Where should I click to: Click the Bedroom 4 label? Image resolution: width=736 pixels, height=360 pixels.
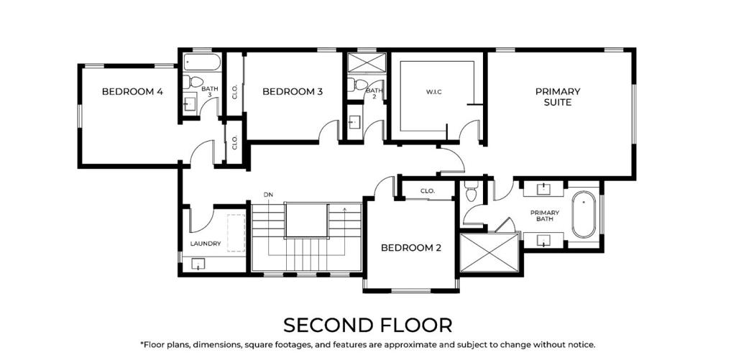click(132, 91)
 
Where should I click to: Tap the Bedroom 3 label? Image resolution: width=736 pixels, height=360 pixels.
click(293, 91)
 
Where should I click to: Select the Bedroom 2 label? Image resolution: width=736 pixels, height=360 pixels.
click(411, 247)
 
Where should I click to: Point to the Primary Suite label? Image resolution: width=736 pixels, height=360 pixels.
click(558, 96)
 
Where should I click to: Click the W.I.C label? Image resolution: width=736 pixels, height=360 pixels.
click(434, 92)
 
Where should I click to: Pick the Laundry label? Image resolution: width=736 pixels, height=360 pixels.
click(206, 244)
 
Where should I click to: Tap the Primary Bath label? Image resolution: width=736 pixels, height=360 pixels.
click(545, 216)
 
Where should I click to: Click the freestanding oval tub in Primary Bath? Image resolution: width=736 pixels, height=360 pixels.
click(584, 214)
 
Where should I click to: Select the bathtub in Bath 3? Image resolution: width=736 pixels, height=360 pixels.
click(202, 62)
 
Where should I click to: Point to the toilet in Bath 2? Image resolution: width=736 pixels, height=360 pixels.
click(356, 85)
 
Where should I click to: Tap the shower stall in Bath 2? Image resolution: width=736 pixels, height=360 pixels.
click(367, 62)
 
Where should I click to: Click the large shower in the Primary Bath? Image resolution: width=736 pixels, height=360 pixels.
click(489, 253)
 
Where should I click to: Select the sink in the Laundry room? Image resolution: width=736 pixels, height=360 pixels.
click(198, 265)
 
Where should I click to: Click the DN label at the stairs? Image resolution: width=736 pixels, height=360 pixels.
click(268, 194)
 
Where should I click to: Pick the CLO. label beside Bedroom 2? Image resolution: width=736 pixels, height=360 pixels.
click(427, 192)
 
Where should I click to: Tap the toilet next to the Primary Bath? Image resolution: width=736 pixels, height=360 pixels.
click(471, 192)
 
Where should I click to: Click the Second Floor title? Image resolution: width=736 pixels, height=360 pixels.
click(367, 325)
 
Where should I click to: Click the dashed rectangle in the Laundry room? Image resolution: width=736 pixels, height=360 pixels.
click(236, 233)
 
